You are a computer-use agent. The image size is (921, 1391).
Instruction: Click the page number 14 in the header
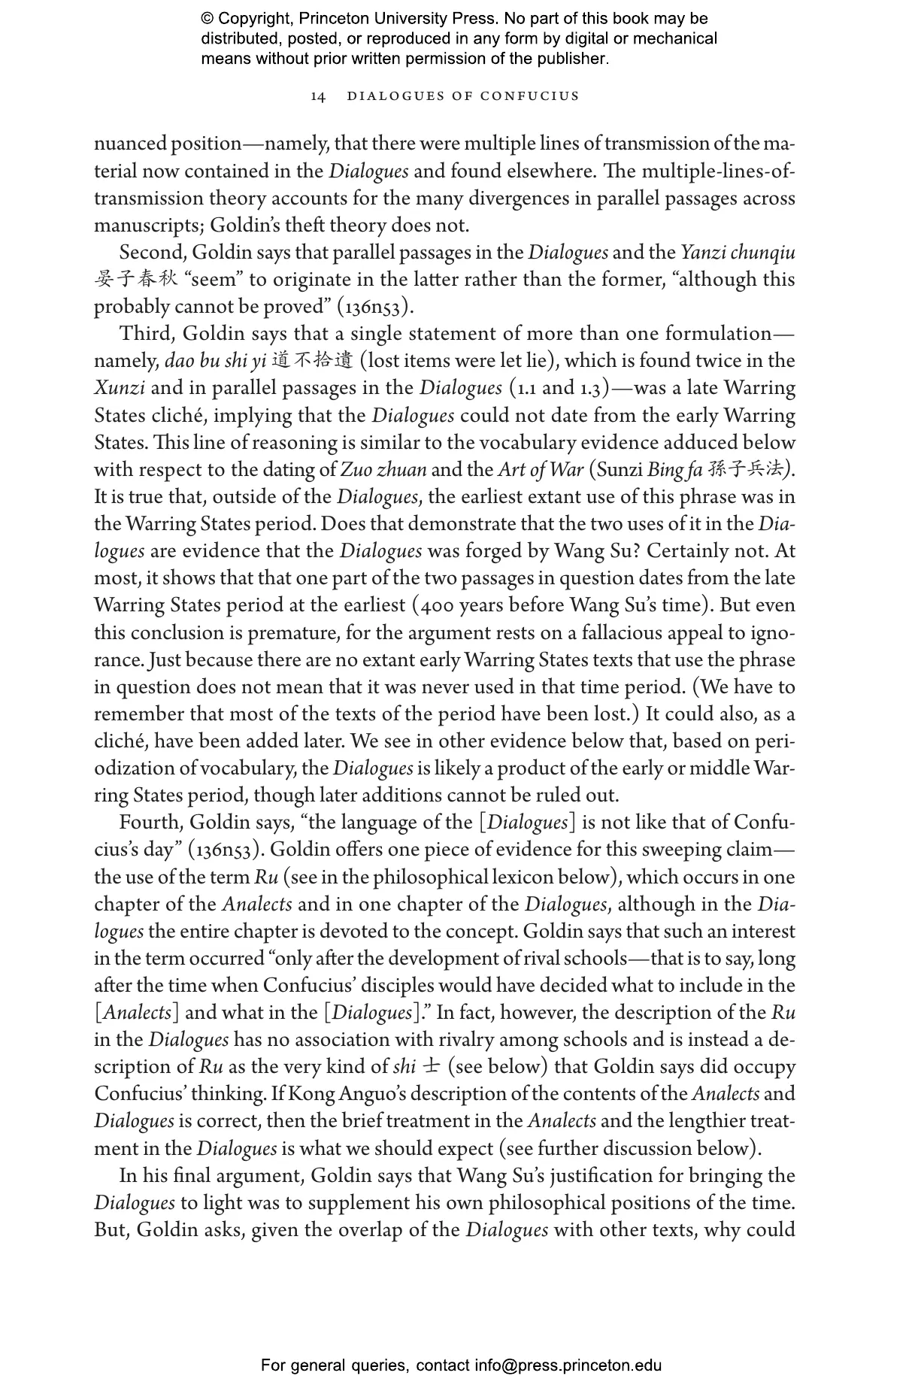pyautogui.click(x=318, y=96)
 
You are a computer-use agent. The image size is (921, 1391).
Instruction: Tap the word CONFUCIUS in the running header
pyautogui.click(x=530, y=96)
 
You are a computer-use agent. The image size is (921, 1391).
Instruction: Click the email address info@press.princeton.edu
pyautogui.click(x=568, y=1365)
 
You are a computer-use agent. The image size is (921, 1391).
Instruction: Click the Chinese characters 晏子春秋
pyautogui.click(x=136, y=279)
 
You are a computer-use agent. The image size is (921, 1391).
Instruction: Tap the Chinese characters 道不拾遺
pyautogui.click(x=312, y=361)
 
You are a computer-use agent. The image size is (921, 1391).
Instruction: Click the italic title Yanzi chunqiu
pyautogui.click(x=738, y=253)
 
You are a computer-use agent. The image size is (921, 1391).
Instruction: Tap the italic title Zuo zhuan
pyautogui.click(x=383, y=470)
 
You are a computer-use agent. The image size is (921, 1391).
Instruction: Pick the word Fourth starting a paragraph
pyautogui.click(x=150, y=823)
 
